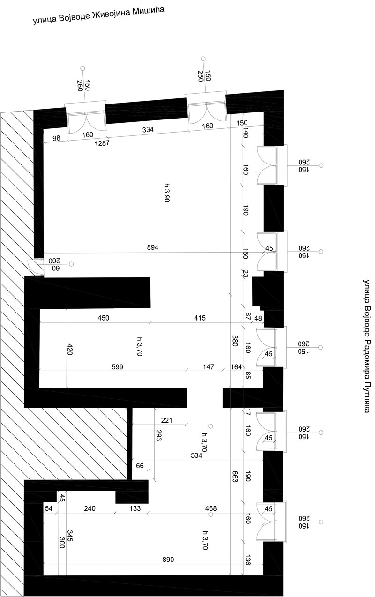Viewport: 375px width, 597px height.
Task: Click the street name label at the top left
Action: [x=98, y=15]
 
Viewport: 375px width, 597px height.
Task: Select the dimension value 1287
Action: [x=102, y=143]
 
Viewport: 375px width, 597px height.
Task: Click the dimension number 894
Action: [x=153, y=247]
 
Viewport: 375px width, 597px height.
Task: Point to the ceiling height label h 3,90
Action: [x=167, y=193]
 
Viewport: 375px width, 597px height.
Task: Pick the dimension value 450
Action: [x=104, y=318]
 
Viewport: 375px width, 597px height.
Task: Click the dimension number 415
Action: [x=200, y=318]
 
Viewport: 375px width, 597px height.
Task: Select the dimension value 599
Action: [x=118, y=367]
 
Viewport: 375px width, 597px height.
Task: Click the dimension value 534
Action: [x=196, y=455]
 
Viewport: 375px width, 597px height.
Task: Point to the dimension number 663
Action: [x=235, y=476]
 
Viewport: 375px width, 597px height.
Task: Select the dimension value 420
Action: [x=69, y=350]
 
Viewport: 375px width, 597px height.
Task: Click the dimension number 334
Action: [x=148, y=129]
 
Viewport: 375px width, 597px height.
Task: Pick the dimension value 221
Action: [x=167, y=420]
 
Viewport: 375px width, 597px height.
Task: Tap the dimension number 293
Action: [x=158, y=435]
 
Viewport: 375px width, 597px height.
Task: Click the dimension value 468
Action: [x=211, y=508]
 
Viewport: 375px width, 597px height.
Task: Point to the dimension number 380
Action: [x=235, y=341]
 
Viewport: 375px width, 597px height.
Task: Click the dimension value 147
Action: [x=209, y=367]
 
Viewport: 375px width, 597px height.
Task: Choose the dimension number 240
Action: [x=90, y=508]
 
